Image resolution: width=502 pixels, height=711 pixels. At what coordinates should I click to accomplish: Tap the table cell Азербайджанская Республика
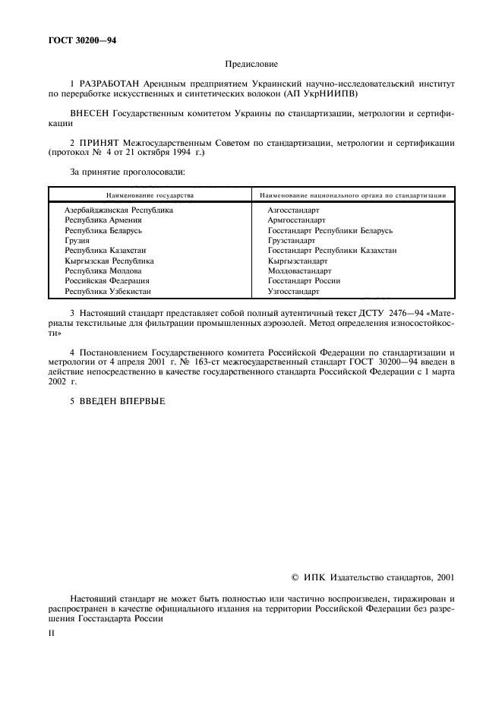click(x=118, y=210)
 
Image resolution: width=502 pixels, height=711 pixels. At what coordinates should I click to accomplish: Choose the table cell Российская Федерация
click(x=106, y=280)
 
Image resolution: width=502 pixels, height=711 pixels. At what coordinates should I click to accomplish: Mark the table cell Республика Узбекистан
click(x=107, y=291)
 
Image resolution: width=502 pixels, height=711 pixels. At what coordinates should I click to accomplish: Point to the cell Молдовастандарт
click(x=299, y=270)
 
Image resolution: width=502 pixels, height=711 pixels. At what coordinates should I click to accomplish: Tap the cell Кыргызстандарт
click(x=298, y=261)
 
